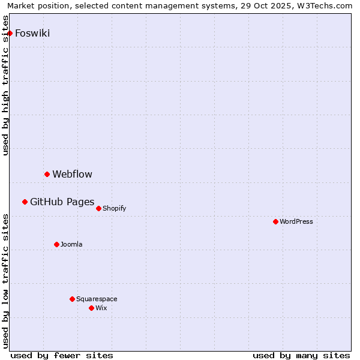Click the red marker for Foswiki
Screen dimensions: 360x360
coord(10,33)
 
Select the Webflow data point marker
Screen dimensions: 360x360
coord(47,174)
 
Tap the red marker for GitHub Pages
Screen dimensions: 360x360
coord(25,202)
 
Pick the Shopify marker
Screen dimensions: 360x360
coord(98,208)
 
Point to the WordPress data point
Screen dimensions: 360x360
coord(275,221)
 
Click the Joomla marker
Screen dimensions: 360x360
coord(56,244)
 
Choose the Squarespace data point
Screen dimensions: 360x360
coord(72,299)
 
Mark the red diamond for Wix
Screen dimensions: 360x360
coord(91,308)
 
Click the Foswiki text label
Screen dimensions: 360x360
coord(32,34)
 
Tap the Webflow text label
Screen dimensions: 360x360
coord(72,175)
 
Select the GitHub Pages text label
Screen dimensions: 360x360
coord(62,202)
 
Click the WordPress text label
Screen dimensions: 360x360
coord(296,222)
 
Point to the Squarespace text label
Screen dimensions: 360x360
coord(97,299)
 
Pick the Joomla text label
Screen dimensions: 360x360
coord(71,245)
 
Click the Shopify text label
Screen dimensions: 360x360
coord(114,209)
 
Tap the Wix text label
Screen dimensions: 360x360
coord(101,308)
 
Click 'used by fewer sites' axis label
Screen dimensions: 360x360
coord(62,355)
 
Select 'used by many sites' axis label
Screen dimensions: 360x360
coord(301,355)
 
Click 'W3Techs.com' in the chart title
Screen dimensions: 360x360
coord(324,6)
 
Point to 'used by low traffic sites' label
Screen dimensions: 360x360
coord(6,281)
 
